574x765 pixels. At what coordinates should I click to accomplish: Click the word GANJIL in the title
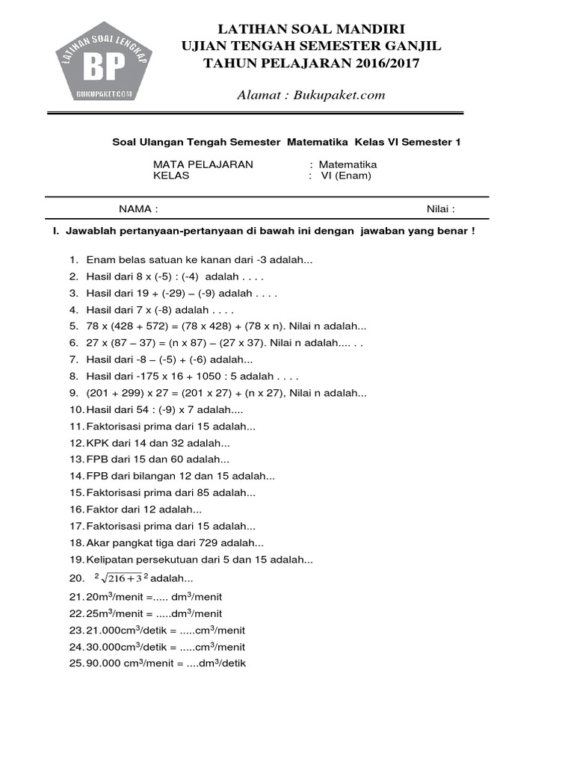(407, 46)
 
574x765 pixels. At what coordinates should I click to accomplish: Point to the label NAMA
(138, 209)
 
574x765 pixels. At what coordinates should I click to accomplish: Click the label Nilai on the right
(440, 209)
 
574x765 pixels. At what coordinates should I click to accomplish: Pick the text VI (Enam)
(345, 176)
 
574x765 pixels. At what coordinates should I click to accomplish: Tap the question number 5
(74, 326)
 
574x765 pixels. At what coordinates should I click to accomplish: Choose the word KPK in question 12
(98, 442)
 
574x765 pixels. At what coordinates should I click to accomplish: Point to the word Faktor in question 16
(102, 510)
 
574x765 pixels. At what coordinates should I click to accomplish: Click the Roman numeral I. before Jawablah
(55, 232)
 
